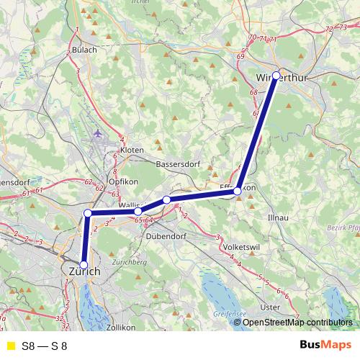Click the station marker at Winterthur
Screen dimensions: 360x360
pyautogui.click(x=276, y=75)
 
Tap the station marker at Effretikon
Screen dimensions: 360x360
pyautogui.click(x=238, y=191)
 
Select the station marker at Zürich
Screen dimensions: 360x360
pyautogui.click(x=84, y=265)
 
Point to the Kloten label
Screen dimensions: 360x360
pyautogui.click(x=132, y=150)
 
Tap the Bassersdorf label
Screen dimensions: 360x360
pyautogui.click(x=177, y=164)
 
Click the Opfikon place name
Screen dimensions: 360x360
pyautogui.click(x=122, y=181)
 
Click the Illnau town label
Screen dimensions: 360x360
pyautogui.click(x=277, y=216)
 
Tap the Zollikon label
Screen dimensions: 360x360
pyautogui.click(x=120, y=327)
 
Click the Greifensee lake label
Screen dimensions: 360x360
pyautogui.click(x=229, y=314)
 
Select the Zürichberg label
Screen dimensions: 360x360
pyautogui.click(x=130, y=262)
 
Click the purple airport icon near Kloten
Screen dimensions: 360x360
pyautogui.click(x=99, y=133)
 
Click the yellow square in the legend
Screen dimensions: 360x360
pyautogui.click(x=10, y=346)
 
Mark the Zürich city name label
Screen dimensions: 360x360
pyautogui.click(x=84, y=271)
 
